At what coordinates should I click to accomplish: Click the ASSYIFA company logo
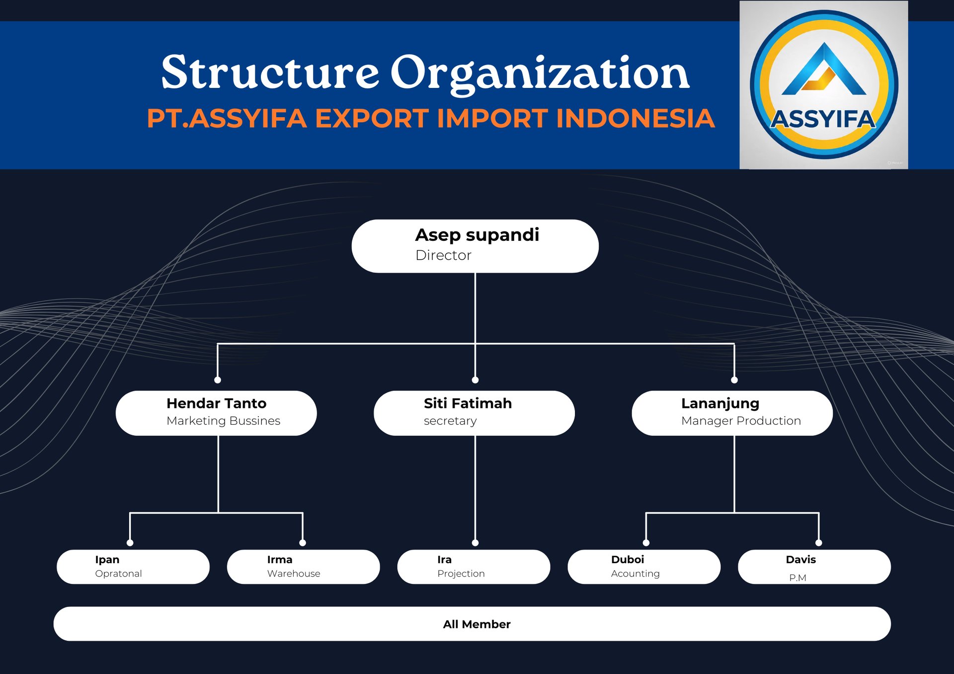(x=823, y=85)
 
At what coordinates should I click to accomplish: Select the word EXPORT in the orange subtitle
(x=371, y=119)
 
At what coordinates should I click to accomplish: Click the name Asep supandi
(x=477, y=235)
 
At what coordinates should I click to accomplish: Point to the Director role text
(x=443, y=255)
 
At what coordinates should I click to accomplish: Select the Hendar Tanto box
(x=216, y=413)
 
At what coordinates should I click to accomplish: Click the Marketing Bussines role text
(x=223, y=421)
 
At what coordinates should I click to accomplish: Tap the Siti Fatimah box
(x=474, y=413)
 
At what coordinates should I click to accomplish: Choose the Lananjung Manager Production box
(x=732, y=413)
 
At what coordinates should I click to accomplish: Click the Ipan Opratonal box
(x=133, y=566)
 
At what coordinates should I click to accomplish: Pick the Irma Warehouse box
(x=303, y=566)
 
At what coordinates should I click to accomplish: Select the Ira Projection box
(x=474, y=566)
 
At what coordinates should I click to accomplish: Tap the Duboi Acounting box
(x=644, y=566)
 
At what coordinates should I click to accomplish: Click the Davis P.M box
(x=814, y=566)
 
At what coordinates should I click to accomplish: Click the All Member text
(x=477, y=624)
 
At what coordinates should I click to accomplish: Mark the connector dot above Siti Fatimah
(x=475, y=380)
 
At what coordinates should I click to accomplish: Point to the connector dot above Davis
(x=819, y=543)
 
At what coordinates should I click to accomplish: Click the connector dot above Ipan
(x=130, y=543)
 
